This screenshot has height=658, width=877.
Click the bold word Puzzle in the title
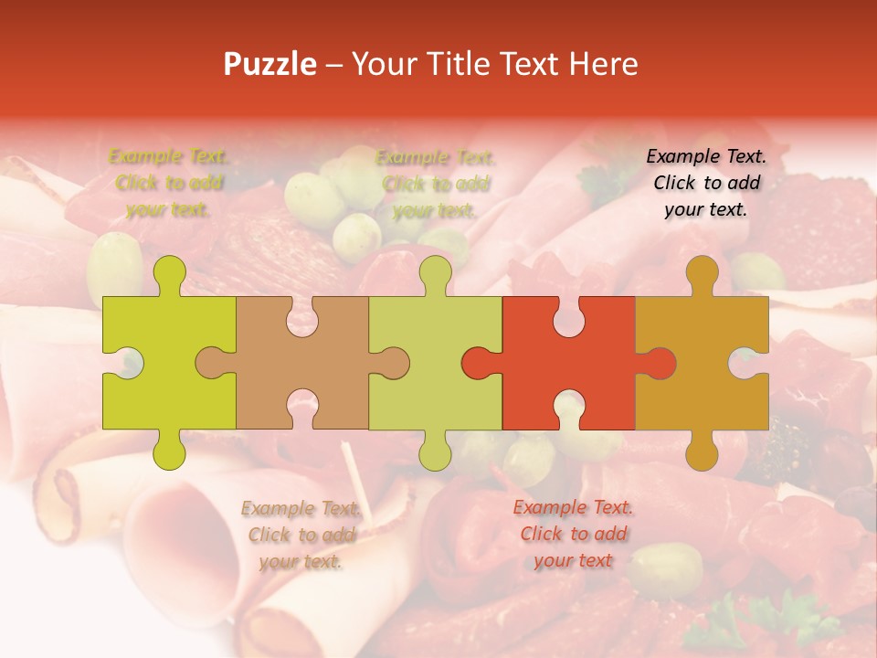tap(270, 64)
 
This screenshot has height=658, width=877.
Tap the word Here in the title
tap(603, 64)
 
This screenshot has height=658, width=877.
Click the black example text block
tap(706, 183)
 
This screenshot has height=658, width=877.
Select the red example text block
tap(573, 534)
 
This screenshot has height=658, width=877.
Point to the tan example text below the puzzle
tap(301, 535)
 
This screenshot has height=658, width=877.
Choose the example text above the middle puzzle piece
tap(436, 184)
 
